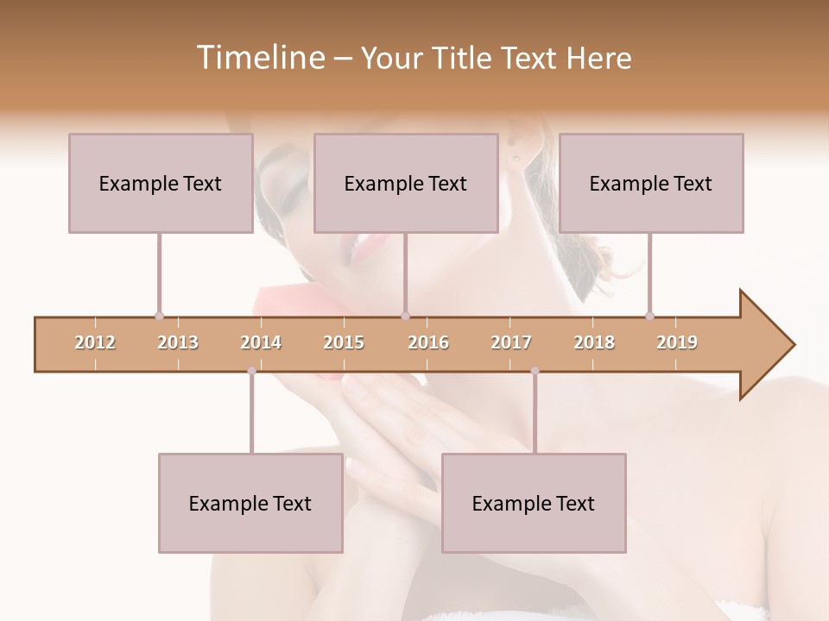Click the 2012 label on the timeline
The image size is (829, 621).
click(x=95, y=342)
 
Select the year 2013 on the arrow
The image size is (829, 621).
click(x=178, y=342)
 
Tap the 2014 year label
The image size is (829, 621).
click(x=261, y=342)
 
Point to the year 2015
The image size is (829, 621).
click(x=344, y=342)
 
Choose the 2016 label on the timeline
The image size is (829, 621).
click(x=428, y=342)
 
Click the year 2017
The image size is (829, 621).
click(x=511, y=342)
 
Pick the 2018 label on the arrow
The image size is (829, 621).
click(x=594, y=342)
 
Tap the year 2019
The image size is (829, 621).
click(x=677, y=342)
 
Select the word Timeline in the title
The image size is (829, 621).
click(x=258, y=58)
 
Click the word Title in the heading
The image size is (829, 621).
click(x=464, y=58)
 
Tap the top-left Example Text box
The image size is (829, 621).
click(x=161, y=183)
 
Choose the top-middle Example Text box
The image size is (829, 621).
click(x=406, y=183)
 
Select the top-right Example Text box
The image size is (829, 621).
click(x=651, y=183)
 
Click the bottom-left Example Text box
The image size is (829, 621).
click(x=250, y=503)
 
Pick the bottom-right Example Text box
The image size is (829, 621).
click(x=534, y=503)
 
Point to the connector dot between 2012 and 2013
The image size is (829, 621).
click(x=159, y=317)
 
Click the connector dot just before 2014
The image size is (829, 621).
click(x=251, y=371)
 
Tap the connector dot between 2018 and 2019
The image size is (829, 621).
click(x=649, y=317)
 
